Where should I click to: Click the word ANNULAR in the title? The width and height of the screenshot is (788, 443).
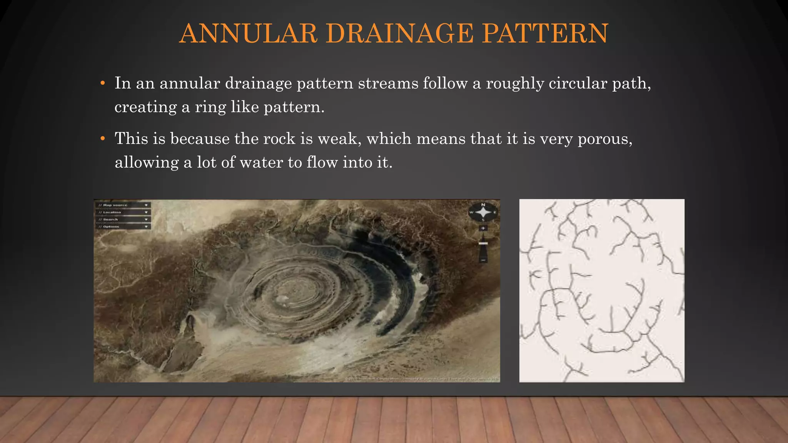pos(248,33)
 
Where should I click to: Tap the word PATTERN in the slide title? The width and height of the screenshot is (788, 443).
pos(545,33)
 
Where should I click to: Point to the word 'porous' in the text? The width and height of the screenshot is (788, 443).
pos(604,138)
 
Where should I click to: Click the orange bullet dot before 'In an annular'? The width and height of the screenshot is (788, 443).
pos(102,83)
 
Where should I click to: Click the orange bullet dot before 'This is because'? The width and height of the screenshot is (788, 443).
pos(102,138)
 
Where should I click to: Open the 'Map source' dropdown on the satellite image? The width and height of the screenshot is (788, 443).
pos(123,205)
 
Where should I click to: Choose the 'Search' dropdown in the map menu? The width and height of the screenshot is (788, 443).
pos(123,220)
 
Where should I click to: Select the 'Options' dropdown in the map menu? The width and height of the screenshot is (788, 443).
pos(123,227)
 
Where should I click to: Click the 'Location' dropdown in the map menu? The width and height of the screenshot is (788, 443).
pos(123,212)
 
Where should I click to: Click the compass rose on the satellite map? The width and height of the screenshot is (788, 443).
pos(483,212)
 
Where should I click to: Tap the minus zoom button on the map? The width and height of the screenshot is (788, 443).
pos(483,260)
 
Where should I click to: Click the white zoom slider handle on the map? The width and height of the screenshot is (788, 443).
pos(483,243)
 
